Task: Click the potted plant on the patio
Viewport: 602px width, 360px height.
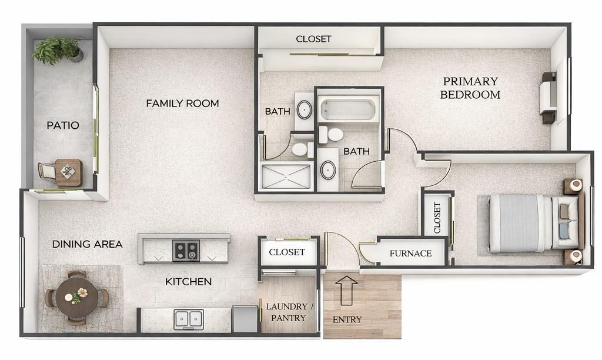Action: [58, 49]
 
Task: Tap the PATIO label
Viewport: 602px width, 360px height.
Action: [63, 125]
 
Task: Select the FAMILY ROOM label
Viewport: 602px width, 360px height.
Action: [182, 104]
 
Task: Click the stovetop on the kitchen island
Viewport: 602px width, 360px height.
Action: [186, 250]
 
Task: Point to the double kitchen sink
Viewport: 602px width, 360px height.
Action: [189, 319]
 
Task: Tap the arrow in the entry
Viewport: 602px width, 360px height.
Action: [346, 290]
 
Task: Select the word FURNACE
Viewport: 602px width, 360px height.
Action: [410, 254]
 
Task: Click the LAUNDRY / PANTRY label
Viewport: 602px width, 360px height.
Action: [289, 312]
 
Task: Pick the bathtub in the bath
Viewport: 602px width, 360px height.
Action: [348, 109]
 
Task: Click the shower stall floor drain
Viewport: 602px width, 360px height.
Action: [286, 177]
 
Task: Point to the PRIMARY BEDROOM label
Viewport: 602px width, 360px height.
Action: [470, 88]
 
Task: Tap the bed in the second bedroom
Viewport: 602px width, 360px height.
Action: [533, 223]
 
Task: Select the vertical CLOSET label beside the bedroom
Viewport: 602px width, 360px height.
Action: [437, 218]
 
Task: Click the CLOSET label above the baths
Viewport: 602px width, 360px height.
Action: [313, 39]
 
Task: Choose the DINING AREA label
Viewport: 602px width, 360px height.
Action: [87, 244]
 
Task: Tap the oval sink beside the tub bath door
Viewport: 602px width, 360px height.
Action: [328, 170]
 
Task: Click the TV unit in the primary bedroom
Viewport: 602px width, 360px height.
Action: [548, 98]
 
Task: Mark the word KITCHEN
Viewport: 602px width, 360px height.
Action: [188, 282]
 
